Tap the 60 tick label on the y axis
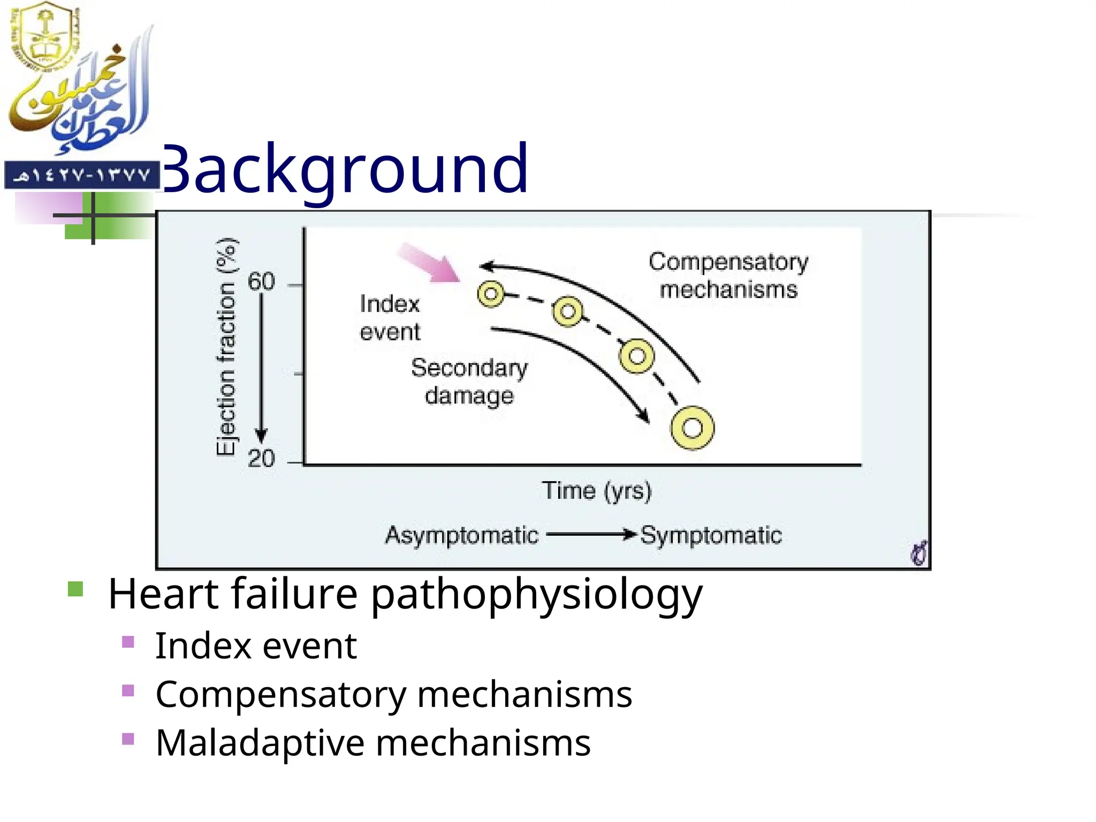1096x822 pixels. [x=261, y=282]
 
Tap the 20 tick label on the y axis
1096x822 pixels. [x=261, y=459]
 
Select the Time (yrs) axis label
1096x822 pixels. [x=597, y=490]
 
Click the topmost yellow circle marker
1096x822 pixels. [x=491, y=294]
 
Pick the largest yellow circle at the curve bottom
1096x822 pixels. [x=692, y=428]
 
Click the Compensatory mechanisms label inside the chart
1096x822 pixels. [x=728, y=276]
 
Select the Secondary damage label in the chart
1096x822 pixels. [x=469, y=382]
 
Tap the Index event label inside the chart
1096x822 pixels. [x=390, y=318]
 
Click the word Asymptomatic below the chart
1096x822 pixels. [x=461, y=535]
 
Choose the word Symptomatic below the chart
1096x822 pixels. [x=711, y=535]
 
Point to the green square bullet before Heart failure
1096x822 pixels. [x=76, y=589]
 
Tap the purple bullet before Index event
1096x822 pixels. [x=128, y=642]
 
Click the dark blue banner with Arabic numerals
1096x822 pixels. [x=82, y=176]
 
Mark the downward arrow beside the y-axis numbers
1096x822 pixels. [x=261, y=369]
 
